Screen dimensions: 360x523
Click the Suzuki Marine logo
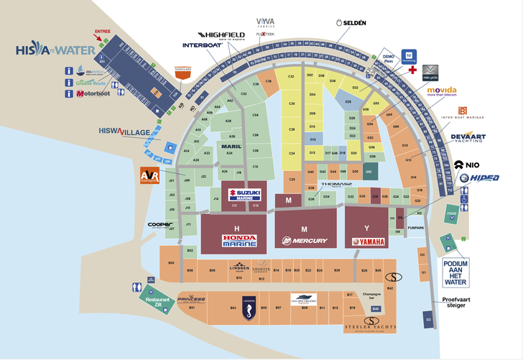coord(244,195)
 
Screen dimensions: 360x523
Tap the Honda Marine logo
coord(239,241)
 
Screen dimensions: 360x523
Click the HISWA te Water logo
coord(56,50)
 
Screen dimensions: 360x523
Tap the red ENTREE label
coord(103,32)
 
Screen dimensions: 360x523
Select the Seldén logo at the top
coord(351,23)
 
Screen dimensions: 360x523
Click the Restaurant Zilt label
coord(157,302)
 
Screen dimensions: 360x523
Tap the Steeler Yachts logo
coord(371,324)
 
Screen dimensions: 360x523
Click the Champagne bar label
coord(371,295)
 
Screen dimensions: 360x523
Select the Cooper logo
coord(159,224)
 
